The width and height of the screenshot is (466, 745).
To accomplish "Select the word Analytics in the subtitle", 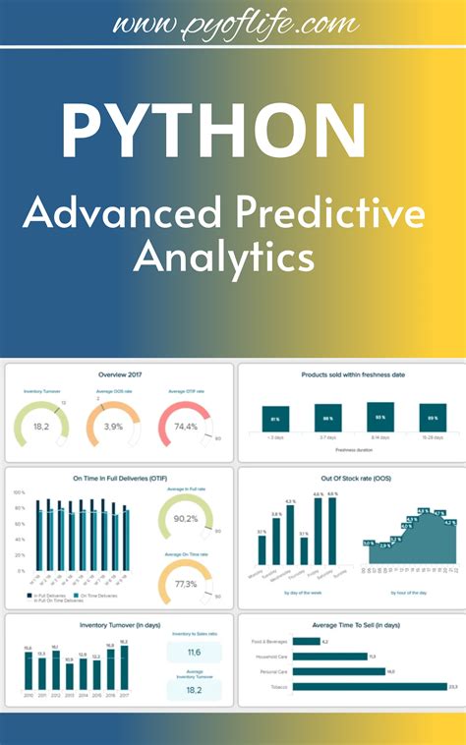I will pos(224,258).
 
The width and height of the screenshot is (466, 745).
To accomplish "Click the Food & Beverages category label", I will pos(269,641).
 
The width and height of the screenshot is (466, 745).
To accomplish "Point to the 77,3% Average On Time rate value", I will pos(185,584).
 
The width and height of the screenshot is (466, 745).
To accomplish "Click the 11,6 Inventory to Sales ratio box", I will pos(193,653).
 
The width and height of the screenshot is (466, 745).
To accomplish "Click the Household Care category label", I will pos(269,657).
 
